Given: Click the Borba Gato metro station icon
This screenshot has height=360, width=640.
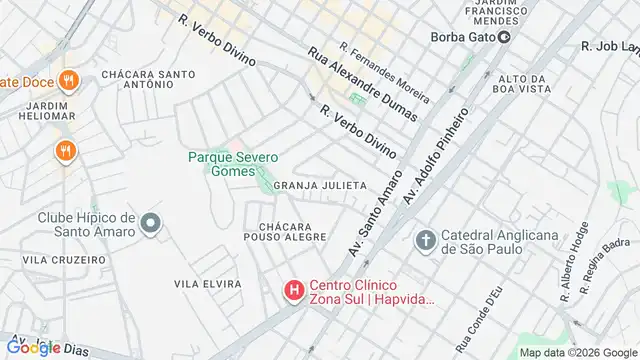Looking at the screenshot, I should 505,38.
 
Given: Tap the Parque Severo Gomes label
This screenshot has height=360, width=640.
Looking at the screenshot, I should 233,165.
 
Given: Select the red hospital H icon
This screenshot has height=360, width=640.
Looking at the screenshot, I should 294,290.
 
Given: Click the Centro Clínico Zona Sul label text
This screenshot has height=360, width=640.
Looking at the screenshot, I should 371,289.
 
